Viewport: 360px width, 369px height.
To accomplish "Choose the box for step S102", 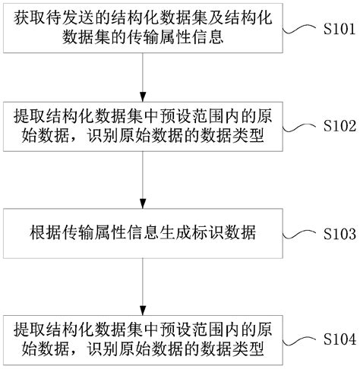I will [x=143, y=127].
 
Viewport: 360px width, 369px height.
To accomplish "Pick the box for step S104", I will [x=143, y=339].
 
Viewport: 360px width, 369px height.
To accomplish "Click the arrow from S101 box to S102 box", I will [x=143, y=77].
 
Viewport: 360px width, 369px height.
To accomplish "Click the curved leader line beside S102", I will [x=302, y=126].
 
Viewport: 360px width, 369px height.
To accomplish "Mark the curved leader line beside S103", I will [x=302, y=234].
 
